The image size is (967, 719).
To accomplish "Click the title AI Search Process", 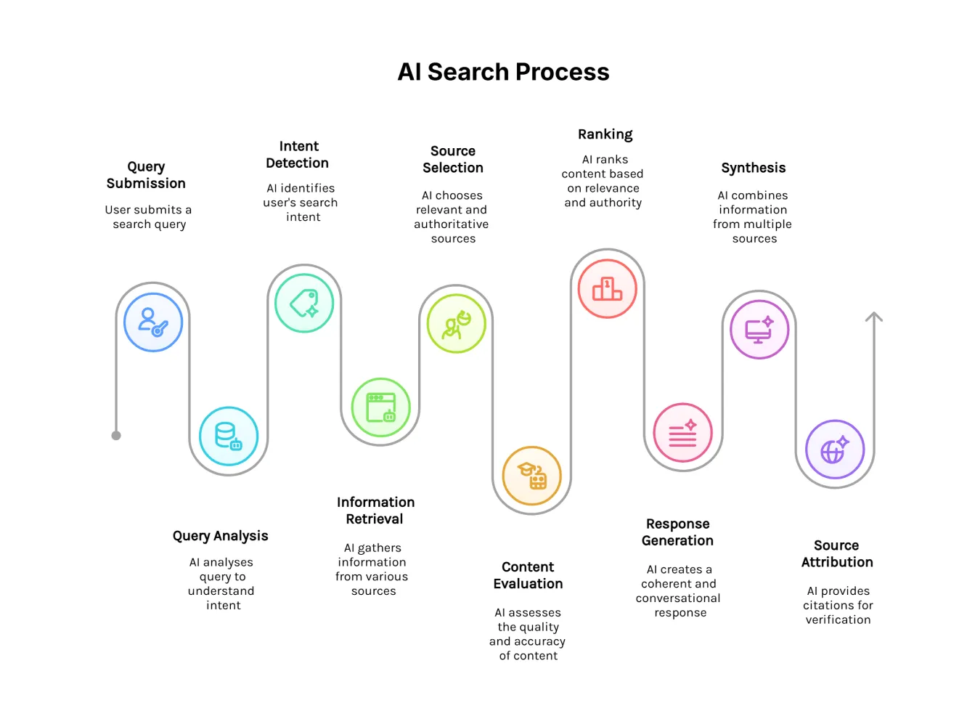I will pyautogui.click(x=503, y=72).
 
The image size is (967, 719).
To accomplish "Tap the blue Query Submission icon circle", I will pyautogui.click(x=153, y=322).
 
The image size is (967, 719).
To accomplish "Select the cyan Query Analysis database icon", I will pyautogui.click(x=229, y=436).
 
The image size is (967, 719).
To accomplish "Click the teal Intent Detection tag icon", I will pyautogui.click(x=304, y=303).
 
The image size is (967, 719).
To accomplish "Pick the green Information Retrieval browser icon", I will pyautogui.click(x=380, y=407).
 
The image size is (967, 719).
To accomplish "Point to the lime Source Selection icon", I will pyautogui.click(x=456, y=323).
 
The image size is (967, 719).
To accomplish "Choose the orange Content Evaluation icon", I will pyautogui.click(x=532, y=476).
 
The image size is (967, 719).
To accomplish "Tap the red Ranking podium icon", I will pyautogui.click(x=607, y=288).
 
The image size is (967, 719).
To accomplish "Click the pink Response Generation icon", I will pyautogui.click(x=682, y=433).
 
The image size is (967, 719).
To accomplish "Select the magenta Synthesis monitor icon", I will pyautogui.click(x=759, y=330).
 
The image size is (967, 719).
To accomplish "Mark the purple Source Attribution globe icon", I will pyautogui.click(x=835, y=450).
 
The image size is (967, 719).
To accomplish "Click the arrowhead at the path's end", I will pyautogui.click(x=874, y=317).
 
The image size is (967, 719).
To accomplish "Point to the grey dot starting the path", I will pyautogui.click(x=116, y=436).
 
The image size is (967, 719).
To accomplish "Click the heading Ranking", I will pyautogui.click(x=605, y=134).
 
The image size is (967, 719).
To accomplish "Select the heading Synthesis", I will pyautogui.click(x=754, y=168).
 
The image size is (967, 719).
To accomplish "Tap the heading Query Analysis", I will pyautogui.click(x=220, y=536).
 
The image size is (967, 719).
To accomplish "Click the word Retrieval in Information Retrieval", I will pyautogui.click(x=374, y=519).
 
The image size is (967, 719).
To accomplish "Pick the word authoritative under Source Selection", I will pyautogui.click(x=451, y=224).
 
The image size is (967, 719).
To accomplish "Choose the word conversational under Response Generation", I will pyautogui.click(x=678, y=598).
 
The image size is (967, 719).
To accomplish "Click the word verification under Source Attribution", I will pyautogui.click(x=838, y=620).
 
